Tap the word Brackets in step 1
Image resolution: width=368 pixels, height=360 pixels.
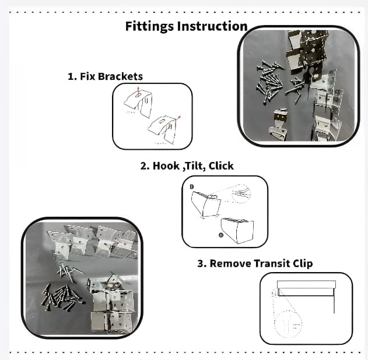(x=121, y=76)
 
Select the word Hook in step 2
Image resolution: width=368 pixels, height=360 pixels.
(x=165, y=165)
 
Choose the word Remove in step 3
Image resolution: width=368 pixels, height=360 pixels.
(x=230, y=263)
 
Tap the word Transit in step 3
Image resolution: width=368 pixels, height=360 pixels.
(x=273, y=263)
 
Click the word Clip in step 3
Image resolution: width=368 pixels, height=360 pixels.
(x=303, y=263)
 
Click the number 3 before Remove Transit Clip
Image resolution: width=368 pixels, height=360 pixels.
(x=201, y=263)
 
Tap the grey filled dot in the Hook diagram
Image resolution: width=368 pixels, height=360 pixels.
(x=220, y=234)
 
